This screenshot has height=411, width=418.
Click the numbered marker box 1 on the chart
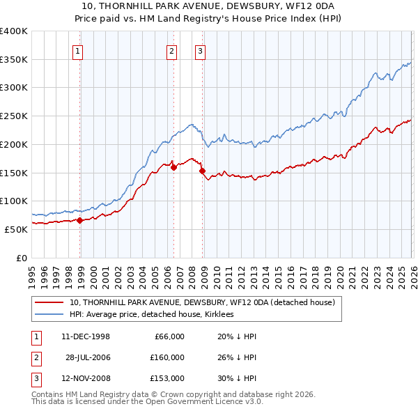pyautogui.click(x=77, y=50)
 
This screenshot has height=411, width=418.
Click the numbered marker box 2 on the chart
pyautogui.click(x=171, y=50)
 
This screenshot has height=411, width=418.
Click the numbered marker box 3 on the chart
pyautogui.click(x=200, y=50)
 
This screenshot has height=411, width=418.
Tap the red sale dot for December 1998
pyautogui.click(x=80, y=220)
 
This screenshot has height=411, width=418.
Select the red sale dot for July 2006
pyautogui.click(x=173, y=167)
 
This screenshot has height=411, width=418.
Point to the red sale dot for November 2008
pyautogui.click(x=202, y=171)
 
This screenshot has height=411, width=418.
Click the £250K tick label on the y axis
pyautogui.click(x=14, y=116)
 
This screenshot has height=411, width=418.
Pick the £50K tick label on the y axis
pyautogui.click(x=16, y=229)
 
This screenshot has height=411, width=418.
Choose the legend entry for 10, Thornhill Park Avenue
pyautogui.click(x=202, y=302)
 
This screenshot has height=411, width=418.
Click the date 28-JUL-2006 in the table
pyautogui.click(x=88, y=357)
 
